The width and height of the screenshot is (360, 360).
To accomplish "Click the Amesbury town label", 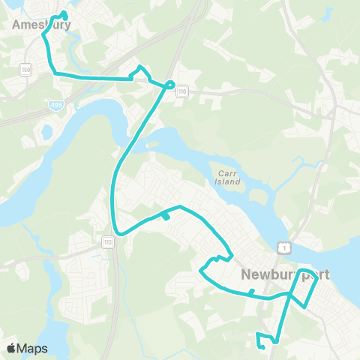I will [42, 25].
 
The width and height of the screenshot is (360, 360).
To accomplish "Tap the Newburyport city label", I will [286, 274].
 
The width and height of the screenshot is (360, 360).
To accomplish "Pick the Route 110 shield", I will [182, 91].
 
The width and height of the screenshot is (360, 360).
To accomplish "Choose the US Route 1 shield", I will [280, 247].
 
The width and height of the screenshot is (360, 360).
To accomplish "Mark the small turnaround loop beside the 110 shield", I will [170, 84].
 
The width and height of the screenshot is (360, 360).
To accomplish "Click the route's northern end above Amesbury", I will [64, 13].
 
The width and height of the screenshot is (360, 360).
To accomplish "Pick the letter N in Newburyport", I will [246, 275].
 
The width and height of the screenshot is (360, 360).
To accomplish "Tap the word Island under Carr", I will [229, 181].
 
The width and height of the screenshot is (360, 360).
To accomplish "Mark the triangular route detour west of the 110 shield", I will [141, 73].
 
